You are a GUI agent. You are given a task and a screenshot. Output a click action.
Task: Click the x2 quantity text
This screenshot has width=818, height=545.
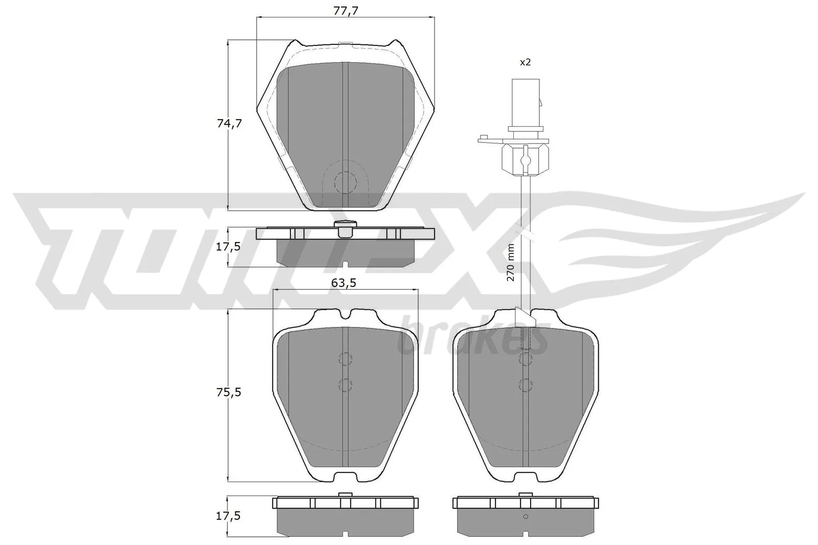coord(525,62)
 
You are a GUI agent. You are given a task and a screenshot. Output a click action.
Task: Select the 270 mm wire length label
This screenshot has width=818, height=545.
coord(510,262)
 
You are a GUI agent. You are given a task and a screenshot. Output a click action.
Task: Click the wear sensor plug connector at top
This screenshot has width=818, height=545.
coord(526,102)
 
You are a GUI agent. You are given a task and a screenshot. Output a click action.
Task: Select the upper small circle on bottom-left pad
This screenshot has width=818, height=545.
coord(346,359)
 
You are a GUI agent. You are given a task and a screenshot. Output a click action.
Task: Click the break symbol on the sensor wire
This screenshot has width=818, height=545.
coord(525,233)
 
